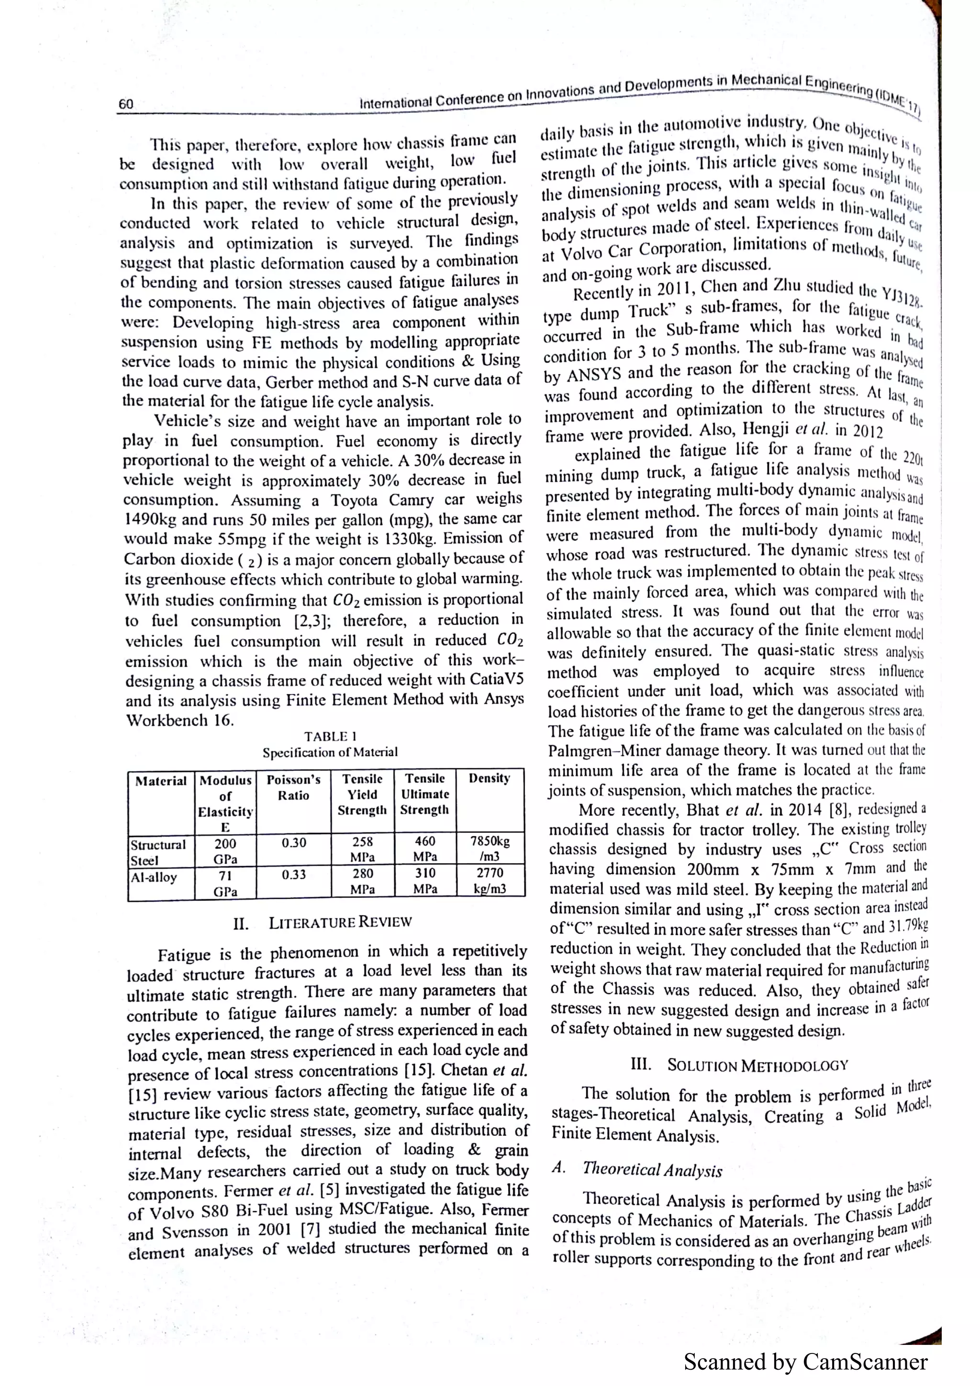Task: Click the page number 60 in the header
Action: (x=125, y=104)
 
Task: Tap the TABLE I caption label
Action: (x=330, y=737)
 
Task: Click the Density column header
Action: (x=489, y=778)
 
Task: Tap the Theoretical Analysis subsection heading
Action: (x=652, y=1170)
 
